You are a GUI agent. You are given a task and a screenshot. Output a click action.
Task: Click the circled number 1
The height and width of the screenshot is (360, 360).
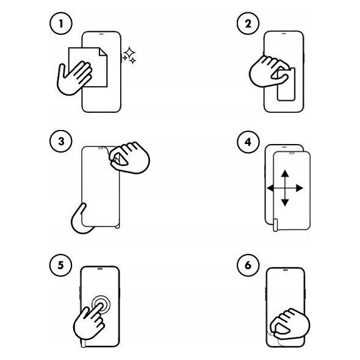pos(61,24)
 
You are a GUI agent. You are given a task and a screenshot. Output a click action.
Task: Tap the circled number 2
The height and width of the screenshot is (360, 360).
pos(248,24)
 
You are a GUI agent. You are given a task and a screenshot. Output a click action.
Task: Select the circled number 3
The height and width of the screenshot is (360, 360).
pos(61,142)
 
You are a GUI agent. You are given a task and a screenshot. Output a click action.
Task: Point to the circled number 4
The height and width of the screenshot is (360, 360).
pos(248,142)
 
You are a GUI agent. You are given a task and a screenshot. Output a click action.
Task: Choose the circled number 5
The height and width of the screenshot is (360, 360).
pos(60,265)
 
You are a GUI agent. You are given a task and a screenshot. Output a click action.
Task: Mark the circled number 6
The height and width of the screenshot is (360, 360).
pos(248,265)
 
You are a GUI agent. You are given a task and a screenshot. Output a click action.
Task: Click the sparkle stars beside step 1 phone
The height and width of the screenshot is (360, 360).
pos(129,56)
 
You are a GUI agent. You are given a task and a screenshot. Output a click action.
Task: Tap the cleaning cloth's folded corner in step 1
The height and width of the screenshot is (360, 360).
pos(103,52)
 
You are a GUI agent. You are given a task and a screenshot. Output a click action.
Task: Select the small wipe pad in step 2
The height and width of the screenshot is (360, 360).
pos(286,84)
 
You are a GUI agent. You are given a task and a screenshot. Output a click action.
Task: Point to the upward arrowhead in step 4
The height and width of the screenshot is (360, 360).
pos(285,173)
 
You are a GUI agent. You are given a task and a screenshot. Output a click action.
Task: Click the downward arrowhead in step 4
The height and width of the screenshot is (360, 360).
pos(285,203)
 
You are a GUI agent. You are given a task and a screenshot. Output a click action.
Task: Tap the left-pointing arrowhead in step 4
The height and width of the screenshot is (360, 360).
pos(270,189)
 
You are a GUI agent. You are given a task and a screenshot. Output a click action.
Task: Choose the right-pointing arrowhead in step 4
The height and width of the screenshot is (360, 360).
pos(300,189)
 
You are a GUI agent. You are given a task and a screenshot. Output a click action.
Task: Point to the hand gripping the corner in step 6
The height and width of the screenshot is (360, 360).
pos(289,324)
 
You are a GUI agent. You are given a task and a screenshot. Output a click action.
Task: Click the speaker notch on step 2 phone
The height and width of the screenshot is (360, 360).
pos(284,33)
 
